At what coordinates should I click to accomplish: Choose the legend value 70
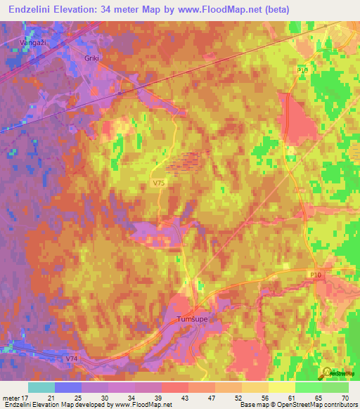click(x=345, y=396)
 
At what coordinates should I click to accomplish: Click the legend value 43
click(x=186, y=396)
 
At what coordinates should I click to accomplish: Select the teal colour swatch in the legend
click(x=41, y=387)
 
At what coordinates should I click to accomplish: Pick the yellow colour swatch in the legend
click(x=281, y=387)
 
